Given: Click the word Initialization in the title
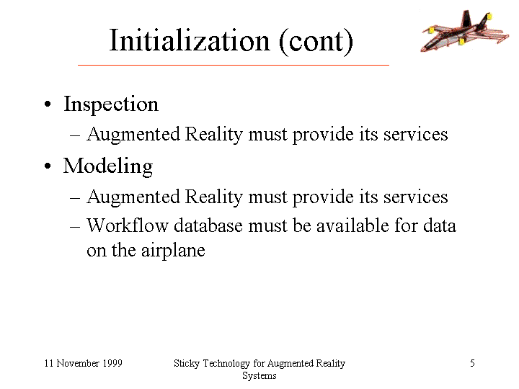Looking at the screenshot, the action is tap(190, 40).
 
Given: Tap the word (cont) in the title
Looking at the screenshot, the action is tap(316, 41).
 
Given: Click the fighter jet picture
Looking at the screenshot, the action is tap(464, 31).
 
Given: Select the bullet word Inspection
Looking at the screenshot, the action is tap(111, 104).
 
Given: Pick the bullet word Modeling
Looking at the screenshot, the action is tap(108, 166).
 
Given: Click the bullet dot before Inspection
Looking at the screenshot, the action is tap(48, 104).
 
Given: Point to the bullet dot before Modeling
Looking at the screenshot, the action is tap(48, 166).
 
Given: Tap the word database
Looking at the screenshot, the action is tap(208, 225).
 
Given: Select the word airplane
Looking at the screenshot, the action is tap(173, 251).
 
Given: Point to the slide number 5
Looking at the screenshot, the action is tap(472, 363).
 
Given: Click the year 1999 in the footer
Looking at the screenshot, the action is tap(112, 363).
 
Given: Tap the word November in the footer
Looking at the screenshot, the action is tap(78, 363).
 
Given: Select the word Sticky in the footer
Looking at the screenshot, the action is tap(187, 364).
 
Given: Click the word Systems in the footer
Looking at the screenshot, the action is tap(259, 376).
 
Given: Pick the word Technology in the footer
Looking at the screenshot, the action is tap(226, 364).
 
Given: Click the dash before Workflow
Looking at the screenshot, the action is tap(75, 227).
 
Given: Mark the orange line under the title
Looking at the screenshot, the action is tap(234, 65).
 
